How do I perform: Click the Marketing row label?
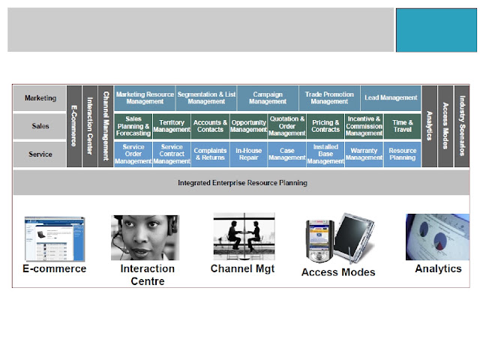click(x=40, y=98)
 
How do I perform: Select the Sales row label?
click(x=40, y=126)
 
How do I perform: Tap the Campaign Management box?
click(x=268, y=98)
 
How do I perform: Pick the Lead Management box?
click(x=391, y=98)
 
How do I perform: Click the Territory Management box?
click(x=172, y=126)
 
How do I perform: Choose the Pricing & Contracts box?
click(x=325, y=126)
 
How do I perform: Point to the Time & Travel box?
click(x=403, y=126)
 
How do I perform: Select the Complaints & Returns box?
click(x=210, y=154)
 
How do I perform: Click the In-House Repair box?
click(x=248, y=154)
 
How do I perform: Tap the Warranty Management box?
click(x=364, y=154)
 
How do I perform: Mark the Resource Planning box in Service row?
click(x=403, y=154)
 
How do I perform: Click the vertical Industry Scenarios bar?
click(x=462, y=126)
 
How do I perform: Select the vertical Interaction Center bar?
click(x=90, y=126)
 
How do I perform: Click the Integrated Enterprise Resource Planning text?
click(x=242, y=183)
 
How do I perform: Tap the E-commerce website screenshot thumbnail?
click(x=55, y=238)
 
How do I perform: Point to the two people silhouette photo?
click(x=244, y=236)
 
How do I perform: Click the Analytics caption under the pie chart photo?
click(x=438, y=268)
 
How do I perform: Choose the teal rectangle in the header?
click(x=436, y=30)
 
